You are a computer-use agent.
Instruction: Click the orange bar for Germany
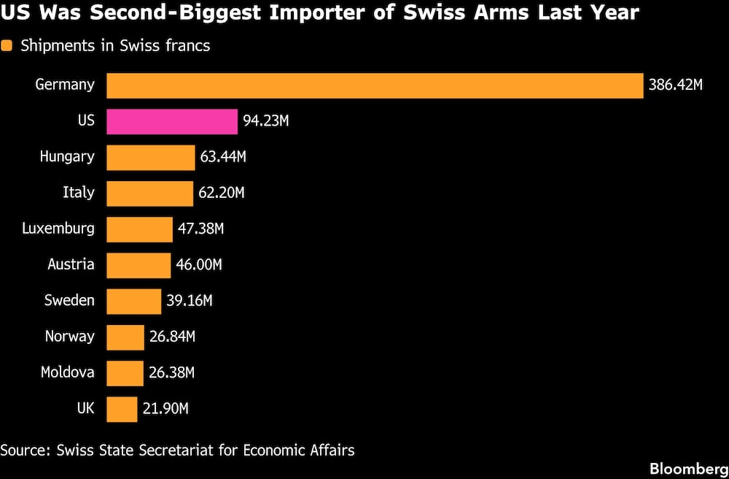[375, 85]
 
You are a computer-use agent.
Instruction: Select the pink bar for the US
[172, 121]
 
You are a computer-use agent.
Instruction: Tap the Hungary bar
[151, 157]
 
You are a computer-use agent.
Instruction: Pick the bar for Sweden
[133, 301]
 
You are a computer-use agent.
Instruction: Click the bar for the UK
[122, 409]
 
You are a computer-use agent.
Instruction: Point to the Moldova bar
[125, 373]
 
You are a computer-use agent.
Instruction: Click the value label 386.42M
[675, 85]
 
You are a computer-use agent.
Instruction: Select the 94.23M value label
[266, 121]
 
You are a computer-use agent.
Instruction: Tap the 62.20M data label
[221, 193]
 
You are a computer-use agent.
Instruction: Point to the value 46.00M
[198, 265]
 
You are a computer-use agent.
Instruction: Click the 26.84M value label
[172, 337]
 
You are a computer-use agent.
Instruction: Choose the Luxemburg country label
[58, 229]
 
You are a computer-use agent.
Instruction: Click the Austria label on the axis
[71, 264]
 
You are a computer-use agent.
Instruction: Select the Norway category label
[70, 336]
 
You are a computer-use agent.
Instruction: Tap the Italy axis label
[79, 193]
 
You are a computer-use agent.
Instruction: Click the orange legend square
[7, 46]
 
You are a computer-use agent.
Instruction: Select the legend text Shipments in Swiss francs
[115, 46]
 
